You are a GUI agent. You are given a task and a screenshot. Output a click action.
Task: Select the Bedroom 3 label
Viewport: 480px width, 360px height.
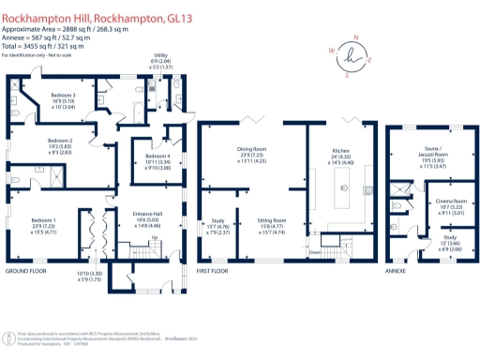coord(64,96)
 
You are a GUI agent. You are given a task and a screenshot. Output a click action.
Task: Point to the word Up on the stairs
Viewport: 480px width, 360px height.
coord(155,238)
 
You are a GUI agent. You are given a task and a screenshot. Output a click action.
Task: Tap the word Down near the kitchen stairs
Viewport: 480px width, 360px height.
coord(315,252)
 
